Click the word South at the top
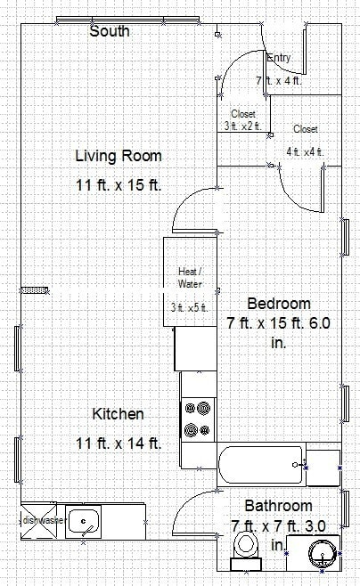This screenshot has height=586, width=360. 110,31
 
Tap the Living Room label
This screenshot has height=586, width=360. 118,157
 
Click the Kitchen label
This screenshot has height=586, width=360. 118,414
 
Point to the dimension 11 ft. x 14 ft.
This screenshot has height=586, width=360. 118,443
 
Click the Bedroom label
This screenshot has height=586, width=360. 279,303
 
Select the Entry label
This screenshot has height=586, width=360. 279,58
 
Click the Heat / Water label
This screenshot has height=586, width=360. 188,277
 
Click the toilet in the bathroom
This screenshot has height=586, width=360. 243,549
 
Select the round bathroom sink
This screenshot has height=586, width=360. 322,554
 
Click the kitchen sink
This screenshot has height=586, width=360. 88,520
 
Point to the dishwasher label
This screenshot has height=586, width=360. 38,520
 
